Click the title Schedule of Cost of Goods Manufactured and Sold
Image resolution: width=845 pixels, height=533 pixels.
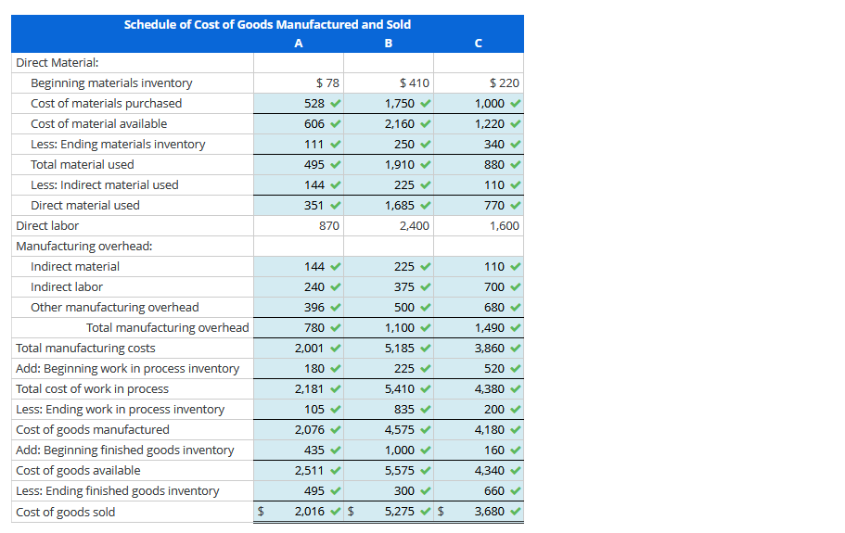(x=267, y=24)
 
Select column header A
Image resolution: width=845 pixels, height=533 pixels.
(x=298, y=43)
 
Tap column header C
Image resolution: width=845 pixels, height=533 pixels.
(x=477, y=43)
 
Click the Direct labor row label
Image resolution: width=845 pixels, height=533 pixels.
(x=47, y=225)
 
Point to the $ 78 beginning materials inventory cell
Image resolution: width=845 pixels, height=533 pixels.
(x=327, y=83)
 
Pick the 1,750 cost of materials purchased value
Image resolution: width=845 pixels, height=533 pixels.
(x=400, y=104)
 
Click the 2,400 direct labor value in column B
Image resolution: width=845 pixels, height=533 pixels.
(x=414, y=226)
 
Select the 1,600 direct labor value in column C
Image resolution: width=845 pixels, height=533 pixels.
(x=504, y=226)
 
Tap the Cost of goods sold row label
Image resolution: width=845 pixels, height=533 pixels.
(x=66, y=512)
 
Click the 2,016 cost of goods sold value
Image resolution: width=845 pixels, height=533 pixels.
(x=310, y=512)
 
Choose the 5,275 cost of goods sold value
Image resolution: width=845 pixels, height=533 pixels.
(x=400, y=512)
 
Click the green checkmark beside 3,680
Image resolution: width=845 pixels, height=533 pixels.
(x=515, y=512)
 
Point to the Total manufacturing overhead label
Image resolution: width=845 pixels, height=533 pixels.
(x=168, y=328)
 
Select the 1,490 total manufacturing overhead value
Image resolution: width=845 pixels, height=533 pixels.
(x=490, y=328)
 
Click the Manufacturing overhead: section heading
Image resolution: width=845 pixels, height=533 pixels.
(x=84, y=247)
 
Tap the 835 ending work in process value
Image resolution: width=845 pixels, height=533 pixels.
(x=404, y=410)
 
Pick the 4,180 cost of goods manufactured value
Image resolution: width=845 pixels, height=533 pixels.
(x=490, y=430)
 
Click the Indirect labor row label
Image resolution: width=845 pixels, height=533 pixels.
(x=67, y=287)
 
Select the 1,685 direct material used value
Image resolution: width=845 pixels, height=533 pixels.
(x=400, y=206)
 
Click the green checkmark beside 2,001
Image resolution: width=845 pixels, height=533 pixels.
(x=335, y=349)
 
